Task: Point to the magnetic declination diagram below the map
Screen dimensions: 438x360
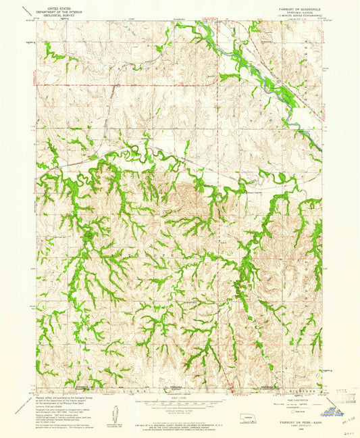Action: tap(113, 410)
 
